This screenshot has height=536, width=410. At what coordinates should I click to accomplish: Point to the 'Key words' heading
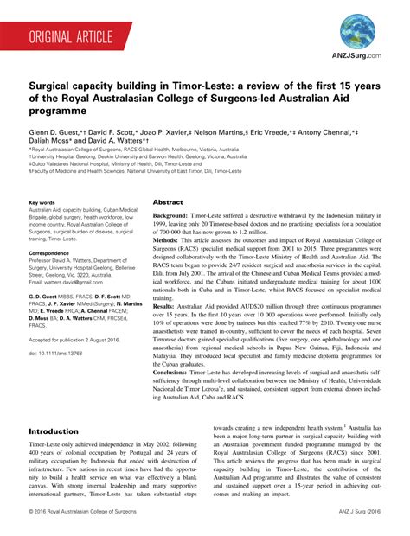coord(42,202)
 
